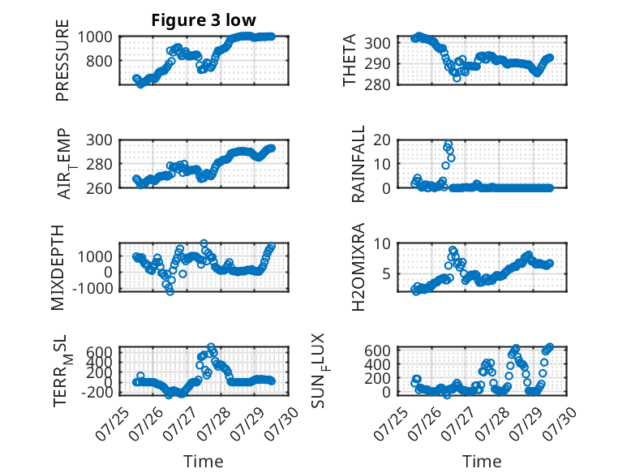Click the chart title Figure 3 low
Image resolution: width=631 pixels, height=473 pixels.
click(204, 20)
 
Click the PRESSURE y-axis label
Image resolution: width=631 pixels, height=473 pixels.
click(62, 60)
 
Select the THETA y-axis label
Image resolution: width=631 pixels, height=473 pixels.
click(350, 60)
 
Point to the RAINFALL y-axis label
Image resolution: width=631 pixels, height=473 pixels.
click(358, 164)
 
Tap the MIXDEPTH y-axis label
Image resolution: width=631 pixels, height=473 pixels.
click(58, 267)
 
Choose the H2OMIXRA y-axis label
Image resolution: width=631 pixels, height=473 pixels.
click(358, 267)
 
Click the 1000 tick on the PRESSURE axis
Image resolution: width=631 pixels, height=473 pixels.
click(95, 37)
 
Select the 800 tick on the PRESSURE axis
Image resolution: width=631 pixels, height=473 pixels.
click(100, 61)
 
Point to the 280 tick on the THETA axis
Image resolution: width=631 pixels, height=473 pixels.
click(377, 85)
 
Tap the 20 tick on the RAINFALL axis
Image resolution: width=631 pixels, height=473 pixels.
click(382, 140)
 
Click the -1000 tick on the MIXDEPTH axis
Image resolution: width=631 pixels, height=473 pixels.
click(93, 288)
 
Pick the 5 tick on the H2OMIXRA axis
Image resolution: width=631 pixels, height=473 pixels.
click(387, 274)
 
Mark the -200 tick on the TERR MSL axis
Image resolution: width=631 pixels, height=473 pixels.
click(97, 392)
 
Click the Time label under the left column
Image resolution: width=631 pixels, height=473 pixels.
click(204, 462)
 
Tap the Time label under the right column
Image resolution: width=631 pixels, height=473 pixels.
click(482, 462)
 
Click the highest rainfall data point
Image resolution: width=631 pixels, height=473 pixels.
click(449, 144)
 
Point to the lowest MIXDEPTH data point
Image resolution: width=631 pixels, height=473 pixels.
click(170, 291)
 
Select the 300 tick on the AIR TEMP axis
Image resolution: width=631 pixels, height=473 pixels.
click(100, 140)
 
